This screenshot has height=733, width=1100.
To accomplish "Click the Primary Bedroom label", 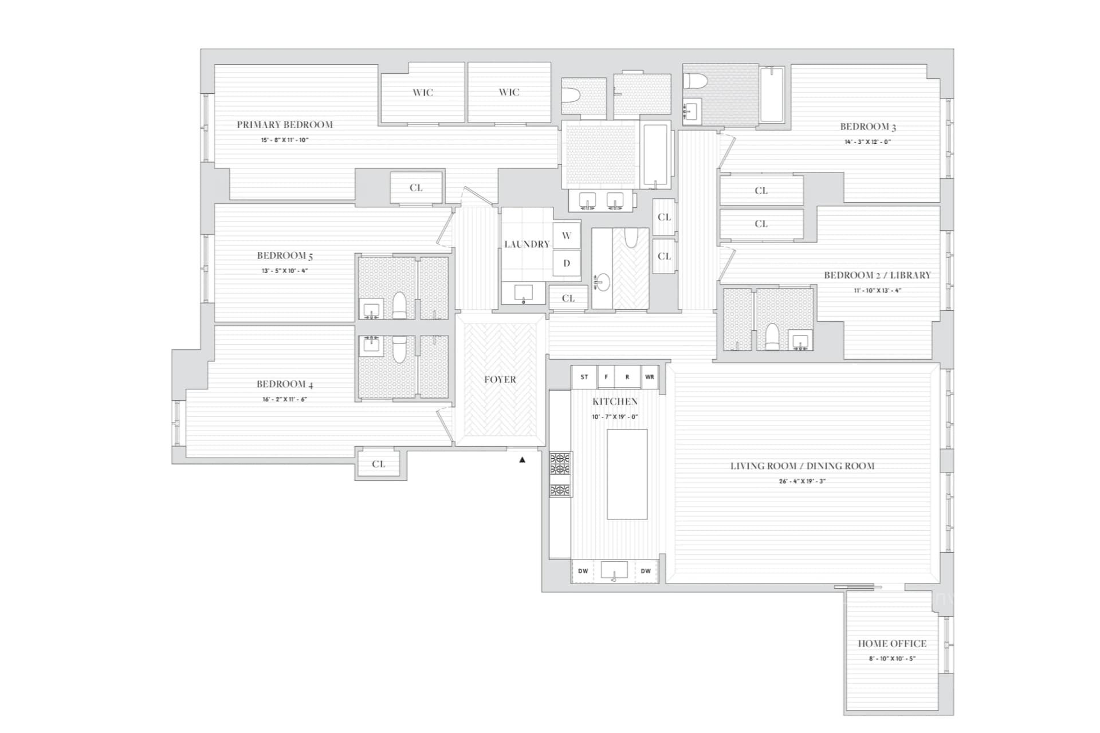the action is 285,124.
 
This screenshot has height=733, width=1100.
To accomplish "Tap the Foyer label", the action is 500,379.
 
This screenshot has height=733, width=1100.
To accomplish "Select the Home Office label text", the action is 892,643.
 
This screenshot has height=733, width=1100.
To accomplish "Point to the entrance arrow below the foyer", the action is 522,459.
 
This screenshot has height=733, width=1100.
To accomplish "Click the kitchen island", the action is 627,474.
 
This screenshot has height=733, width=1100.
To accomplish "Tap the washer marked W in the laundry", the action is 567,235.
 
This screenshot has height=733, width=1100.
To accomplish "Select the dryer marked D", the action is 567,263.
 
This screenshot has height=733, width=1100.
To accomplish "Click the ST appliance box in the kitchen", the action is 584,377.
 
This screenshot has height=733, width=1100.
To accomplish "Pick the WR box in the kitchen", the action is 650,377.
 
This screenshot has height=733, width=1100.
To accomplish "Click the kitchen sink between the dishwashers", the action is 614,570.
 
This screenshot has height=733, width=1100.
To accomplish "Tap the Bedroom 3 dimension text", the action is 867,142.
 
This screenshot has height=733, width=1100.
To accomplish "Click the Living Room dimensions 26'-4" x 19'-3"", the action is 802,481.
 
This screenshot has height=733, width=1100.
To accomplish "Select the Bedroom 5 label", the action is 285,255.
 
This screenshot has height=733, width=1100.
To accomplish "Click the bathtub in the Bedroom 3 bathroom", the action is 772,94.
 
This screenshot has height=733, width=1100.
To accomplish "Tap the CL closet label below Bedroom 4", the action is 379,464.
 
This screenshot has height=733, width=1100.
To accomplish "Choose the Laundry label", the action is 527,244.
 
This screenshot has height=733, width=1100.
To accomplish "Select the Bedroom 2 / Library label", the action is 877,275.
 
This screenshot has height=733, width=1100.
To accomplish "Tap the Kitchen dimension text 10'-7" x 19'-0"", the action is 615,417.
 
